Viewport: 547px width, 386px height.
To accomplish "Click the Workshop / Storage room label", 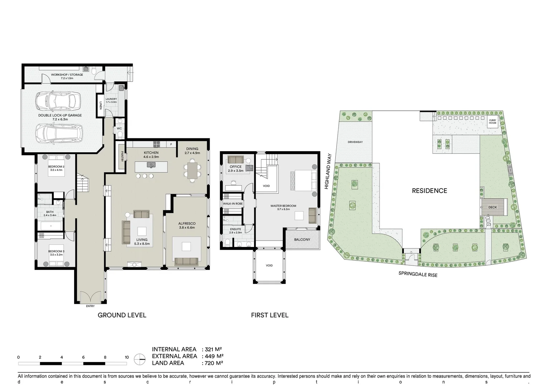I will click(x=67, y=75).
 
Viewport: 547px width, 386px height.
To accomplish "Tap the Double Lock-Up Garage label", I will click(x=60, y=115).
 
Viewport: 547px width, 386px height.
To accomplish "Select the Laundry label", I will click(x=111, y=99).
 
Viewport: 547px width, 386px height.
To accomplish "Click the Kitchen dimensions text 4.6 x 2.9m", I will click(x=151, y=157).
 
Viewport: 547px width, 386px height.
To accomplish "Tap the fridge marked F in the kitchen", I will click(x=171, y=144).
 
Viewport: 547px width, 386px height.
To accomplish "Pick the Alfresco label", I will click(x=187, y=224).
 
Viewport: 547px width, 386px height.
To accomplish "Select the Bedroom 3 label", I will click(x=57, y=251).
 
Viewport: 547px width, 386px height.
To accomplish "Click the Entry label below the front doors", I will click(x=90, y=306).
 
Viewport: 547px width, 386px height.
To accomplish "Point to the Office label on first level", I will click(x=236, y=167).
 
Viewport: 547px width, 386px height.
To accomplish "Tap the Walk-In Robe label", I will click(x=233, y=204).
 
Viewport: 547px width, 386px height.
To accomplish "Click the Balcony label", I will click(x=302, y=239).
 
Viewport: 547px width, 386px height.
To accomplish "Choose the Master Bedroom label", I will click(x=283, y=206).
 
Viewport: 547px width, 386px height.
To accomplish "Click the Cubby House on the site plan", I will click(x=493, y=122).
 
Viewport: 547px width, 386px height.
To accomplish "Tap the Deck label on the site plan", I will click(x=493, y=207).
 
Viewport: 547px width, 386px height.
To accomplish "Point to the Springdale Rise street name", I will click(x=418, y=274).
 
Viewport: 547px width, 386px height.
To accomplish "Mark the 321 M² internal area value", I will click(x=214, y=350).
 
